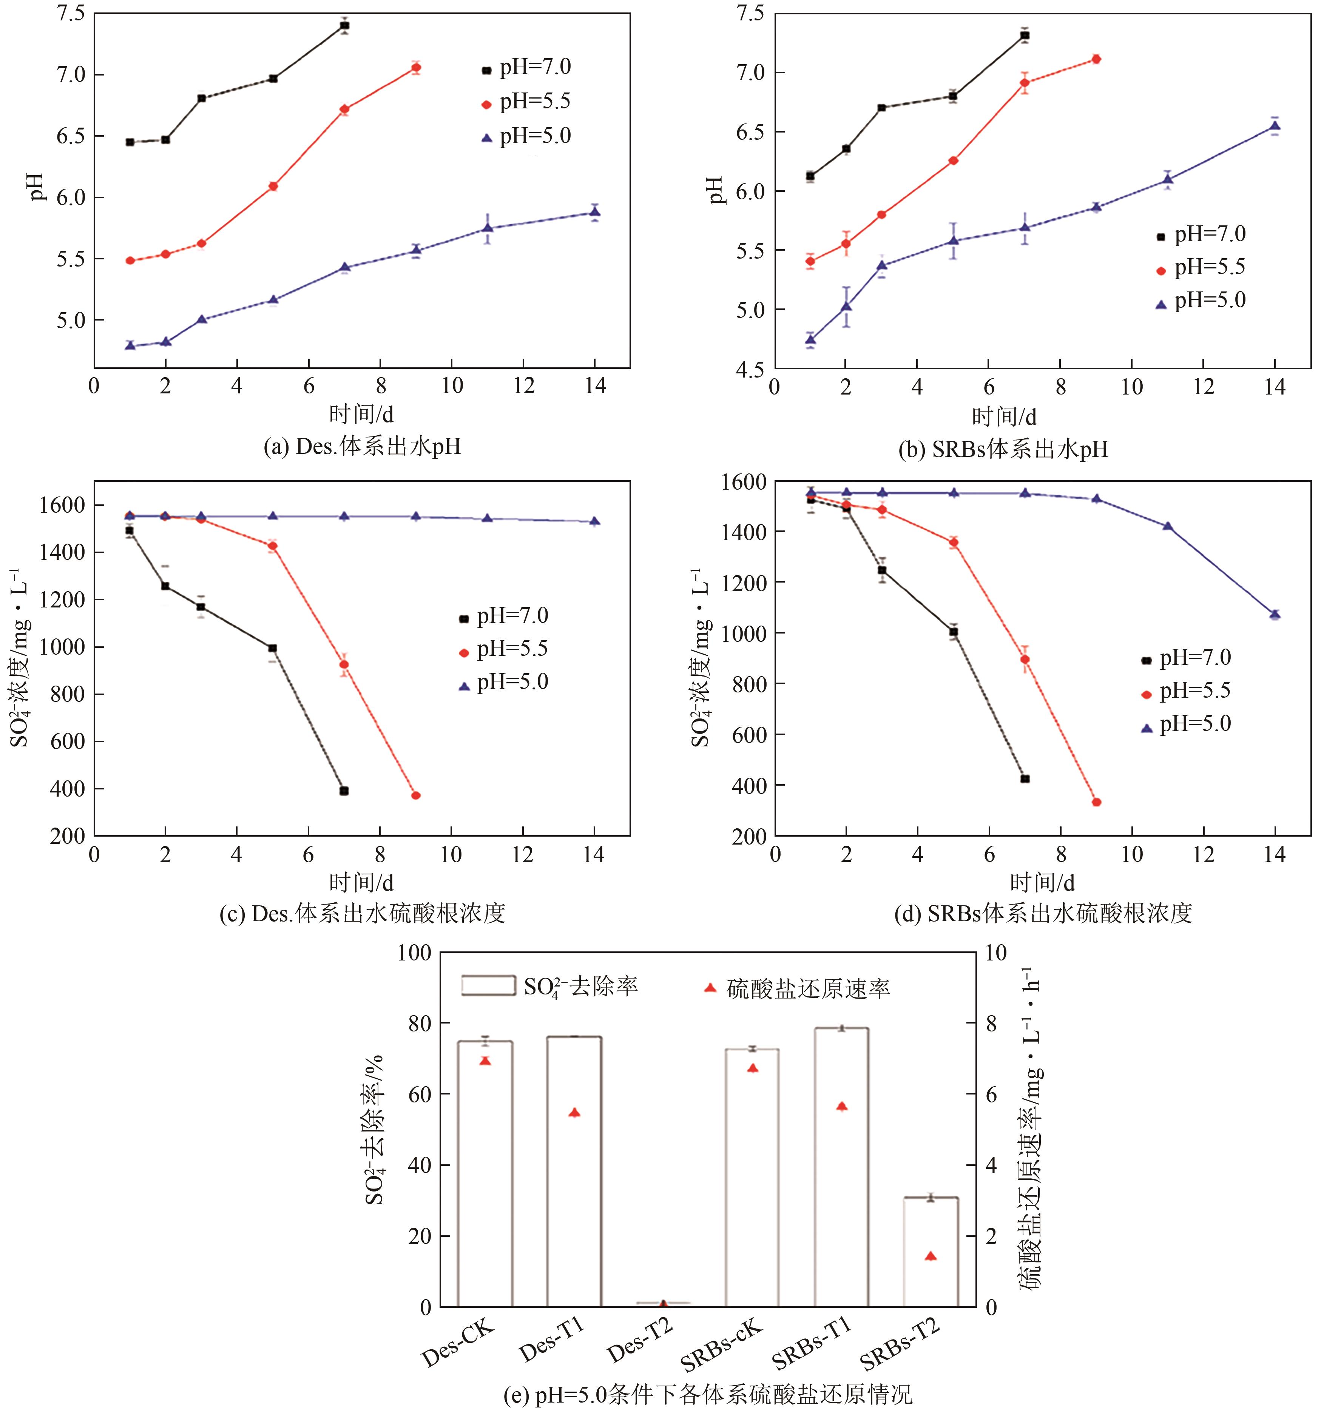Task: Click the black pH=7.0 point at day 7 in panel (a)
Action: [x=345, y=26]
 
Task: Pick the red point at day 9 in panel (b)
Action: [x=1096, y=59]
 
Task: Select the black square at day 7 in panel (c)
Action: [x=344, y=791]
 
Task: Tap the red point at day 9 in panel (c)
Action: [x=416, y=795]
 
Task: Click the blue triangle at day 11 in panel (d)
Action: [x=1168, y=526]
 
